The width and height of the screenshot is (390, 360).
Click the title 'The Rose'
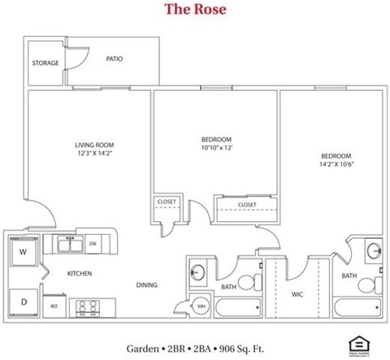195,10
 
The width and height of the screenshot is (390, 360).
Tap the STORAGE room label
45,63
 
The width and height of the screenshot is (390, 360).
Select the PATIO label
115,59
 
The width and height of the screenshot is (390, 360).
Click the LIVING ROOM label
87,145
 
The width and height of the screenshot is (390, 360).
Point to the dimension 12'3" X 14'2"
87,154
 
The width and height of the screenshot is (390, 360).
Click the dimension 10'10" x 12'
216,147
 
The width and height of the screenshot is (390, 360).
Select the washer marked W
23,252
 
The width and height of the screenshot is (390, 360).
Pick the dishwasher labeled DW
93,243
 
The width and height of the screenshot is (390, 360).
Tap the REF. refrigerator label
54,306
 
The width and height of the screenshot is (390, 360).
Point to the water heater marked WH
201,306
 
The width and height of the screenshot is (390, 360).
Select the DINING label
147,284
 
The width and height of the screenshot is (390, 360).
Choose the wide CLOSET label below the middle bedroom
247,205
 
